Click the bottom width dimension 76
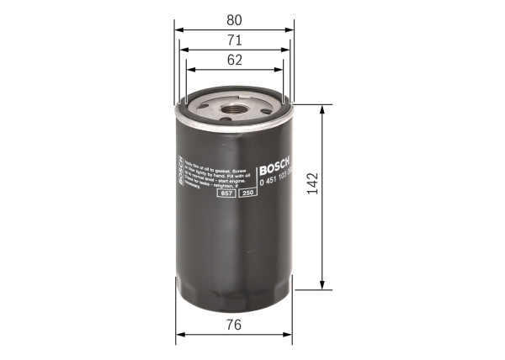[234, 325]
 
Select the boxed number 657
[226, 193]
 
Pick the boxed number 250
[247, 193]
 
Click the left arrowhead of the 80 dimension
[179, 29]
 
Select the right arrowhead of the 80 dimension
[293, 29]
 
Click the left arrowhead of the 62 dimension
[189, 71]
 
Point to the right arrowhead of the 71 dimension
[287, 50]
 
